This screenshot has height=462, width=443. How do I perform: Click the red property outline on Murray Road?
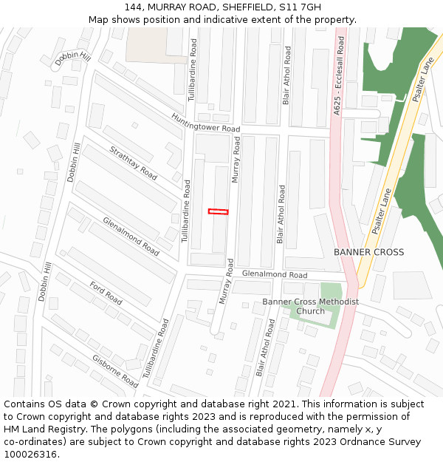pos(218,212)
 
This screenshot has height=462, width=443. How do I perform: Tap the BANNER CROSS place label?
pos(368,252)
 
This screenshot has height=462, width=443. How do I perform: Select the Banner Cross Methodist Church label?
pos(310,306)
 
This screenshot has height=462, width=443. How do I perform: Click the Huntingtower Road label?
pos(206,123)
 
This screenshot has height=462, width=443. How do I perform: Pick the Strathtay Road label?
pos(133,163)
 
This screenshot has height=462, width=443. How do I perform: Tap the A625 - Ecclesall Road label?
pos(339,78)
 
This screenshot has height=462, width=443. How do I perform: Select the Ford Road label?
pos(106,293)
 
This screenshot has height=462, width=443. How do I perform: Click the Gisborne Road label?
pos(115,371)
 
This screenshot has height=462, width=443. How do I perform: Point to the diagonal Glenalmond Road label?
pos(131,237)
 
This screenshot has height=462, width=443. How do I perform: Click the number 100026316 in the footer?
pos(31,454)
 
